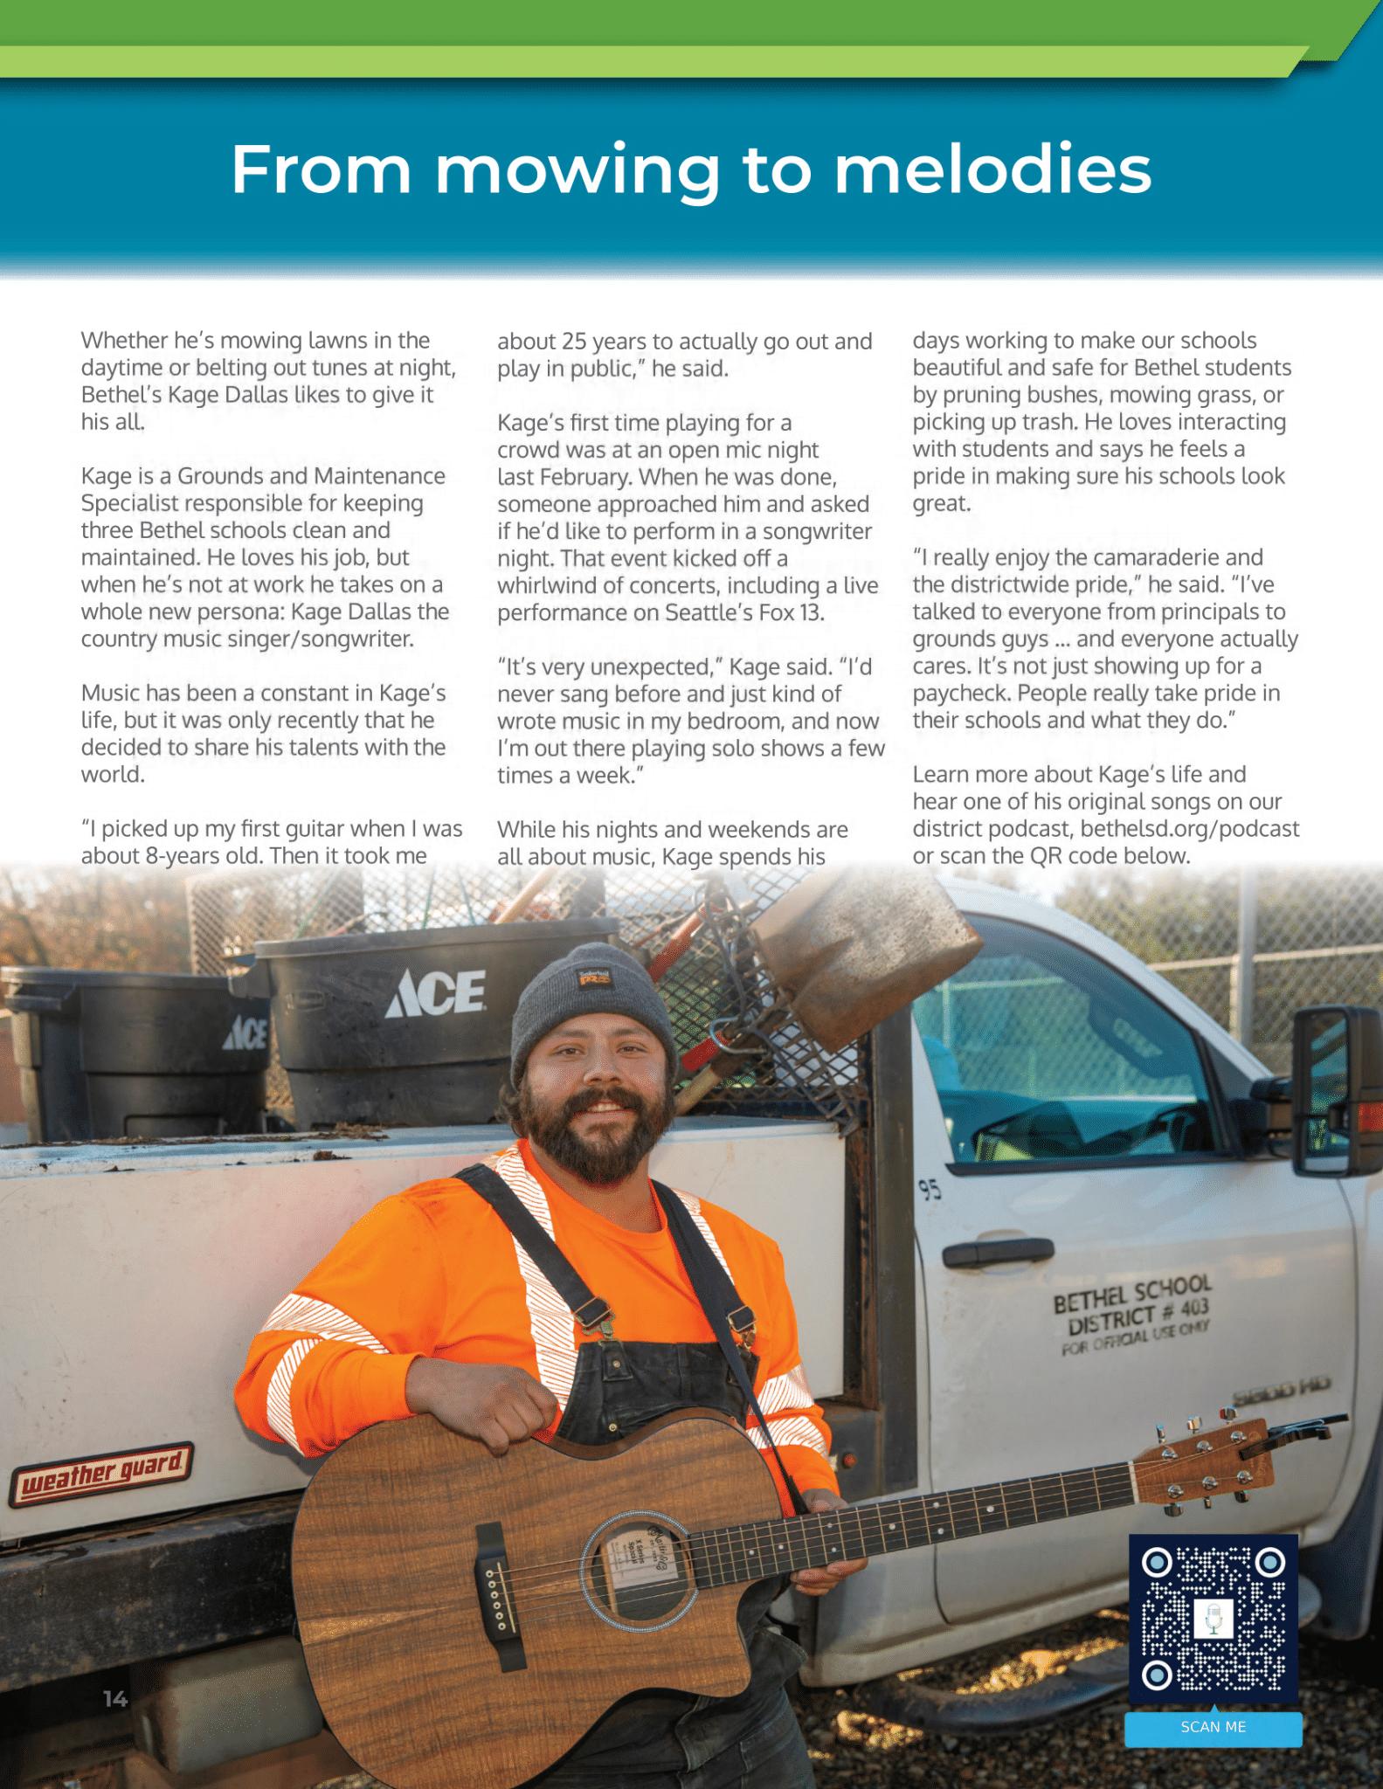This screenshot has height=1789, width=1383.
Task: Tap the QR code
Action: pyautogui.click(x=1213, y=1619)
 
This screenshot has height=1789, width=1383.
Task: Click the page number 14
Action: pyautogui.click(x=115, y=1699)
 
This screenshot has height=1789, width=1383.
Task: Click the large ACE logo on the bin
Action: pyautogui.click(x=435, y=994)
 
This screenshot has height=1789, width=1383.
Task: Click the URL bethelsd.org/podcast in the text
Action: pyautogui.click(x=1190, y=828)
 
